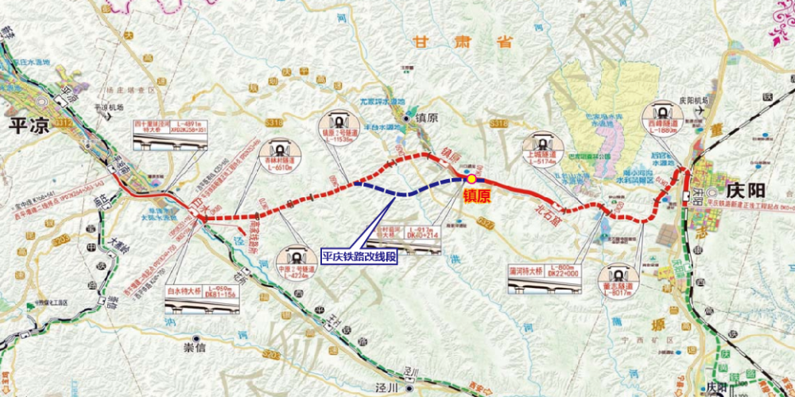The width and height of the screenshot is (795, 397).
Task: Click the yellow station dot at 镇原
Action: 471,180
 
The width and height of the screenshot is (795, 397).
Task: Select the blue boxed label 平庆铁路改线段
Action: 358,256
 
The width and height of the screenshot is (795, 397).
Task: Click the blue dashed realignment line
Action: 405,193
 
